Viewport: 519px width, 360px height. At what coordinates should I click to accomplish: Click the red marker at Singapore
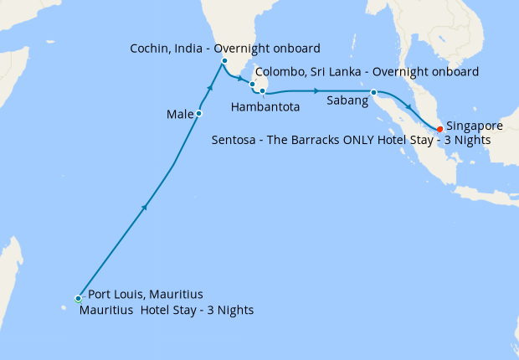click(439, 128)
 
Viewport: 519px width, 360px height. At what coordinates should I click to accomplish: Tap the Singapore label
click(474, 126)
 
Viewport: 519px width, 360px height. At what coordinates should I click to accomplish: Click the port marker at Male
click(198, 113)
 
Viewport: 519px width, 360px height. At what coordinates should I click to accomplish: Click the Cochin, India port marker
click(224, 61)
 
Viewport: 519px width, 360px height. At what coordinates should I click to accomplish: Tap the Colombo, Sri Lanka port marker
click(252, 84)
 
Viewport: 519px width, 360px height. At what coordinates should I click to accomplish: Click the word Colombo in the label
click(280, 72)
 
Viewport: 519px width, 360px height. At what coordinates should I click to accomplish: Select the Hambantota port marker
click(262, 90)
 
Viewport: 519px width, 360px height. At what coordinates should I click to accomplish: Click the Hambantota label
click(265, 107)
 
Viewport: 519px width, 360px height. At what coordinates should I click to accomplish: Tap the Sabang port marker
click(373, 92)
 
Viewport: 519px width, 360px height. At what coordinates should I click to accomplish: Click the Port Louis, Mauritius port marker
click(78, 298)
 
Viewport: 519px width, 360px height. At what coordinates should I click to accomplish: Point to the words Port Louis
click(115, 295)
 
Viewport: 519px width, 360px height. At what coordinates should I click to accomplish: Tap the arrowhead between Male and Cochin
click(210, 86)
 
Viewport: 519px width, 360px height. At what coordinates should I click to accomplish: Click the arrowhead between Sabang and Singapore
click(408, 106)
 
